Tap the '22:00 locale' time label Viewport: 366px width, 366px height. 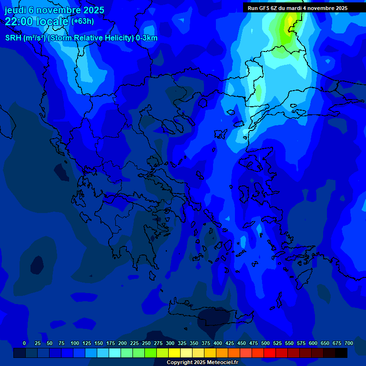(36, 21)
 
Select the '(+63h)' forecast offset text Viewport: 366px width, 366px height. (82, 21)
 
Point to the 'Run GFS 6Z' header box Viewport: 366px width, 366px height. (297, 8)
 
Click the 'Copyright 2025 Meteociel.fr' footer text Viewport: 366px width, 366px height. (202, 363)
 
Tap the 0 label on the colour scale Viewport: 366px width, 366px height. (24, 343)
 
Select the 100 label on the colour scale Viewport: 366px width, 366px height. (75, 343)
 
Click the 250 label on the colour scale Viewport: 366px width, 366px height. (146, 343)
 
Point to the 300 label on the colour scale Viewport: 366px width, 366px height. (170, 343)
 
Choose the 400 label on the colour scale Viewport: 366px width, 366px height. (218, 343)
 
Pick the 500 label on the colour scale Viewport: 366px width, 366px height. (265, 343)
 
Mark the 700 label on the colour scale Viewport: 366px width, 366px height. (349, 343)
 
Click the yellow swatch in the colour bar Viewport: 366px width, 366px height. (174, 353)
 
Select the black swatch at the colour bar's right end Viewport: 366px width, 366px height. (341, 353)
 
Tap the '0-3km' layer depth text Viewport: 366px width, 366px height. (147, 38)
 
